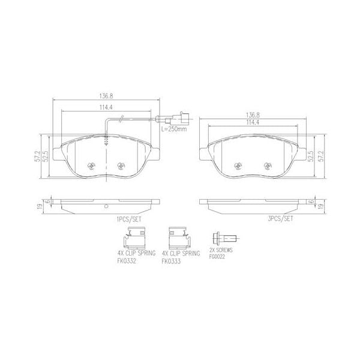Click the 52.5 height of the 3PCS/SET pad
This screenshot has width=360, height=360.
click(x=311, y=157)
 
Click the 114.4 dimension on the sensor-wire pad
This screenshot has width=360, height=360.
click(x=106, y=109)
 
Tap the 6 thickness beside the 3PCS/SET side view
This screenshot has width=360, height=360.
click(x=311, y=202)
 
